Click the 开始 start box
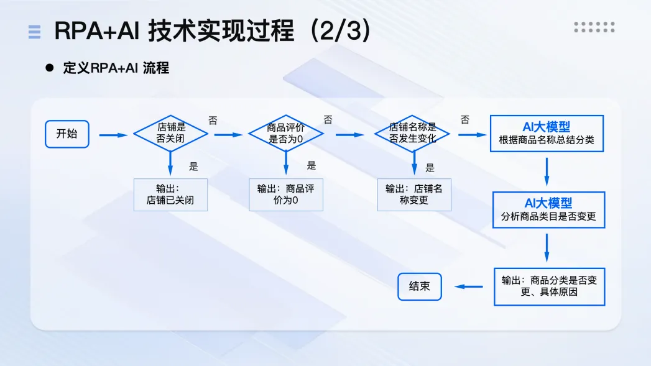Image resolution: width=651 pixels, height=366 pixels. click(x=67, y=134)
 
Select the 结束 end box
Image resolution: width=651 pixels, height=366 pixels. click(x=420, y=287)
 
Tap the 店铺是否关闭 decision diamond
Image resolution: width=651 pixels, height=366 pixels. click(x=170, y=133)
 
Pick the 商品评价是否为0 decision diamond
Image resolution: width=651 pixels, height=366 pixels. click(x=286, y=133)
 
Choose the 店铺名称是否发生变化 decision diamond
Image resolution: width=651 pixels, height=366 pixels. click(x=413, y=133)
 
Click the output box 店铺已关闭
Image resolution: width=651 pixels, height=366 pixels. click(x=170, y=194)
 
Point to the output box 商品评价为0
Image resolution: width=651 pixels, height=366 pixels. click(x=286, y=194)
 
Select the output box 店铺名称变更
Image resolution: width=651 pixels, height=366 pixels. click(x=414, y=194)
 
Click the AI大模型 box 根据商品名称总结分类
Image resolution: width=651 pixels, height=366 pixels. click(x=547, y=134)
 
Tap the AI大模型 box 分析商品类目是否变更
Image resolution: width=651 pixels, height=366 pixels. click(x=548, y=209)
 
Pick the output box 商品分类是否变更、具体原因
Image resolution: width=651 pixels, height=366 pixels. click(x=549, y=286)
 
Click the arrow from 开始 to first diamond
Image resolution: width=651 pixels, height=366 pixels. click(x=113, y=135)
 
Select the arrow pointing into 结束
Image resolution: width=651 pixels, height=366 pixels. click(x=469, y=286)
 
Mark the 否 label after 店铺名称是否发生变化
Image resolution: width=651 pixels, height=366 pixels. click(x=465, y=120)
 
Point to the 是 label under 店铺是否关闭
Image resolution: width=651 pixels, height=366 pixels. click(x=193, y=166)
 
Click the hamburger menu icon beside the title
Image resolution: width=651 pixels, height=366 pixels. click(x=34, y=32)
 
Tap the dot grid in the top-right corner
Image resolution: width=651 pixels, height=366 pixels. click(x=594, y=27)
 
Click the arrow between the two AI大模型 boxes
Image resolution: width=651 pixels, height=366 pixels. click(x=547, y=172)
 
